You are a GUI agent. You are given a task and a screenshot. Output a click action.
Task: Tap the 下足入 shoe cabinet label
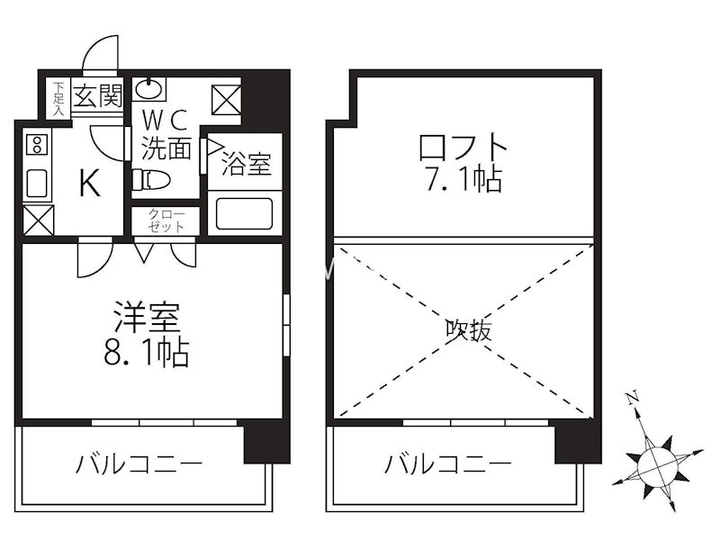(58, 99)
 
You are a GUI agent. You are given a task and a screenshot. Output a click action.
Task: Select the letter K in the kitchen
(89, 184)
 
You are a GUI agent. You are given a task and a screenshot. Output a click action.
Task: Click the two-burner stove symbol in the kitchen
(37, 144)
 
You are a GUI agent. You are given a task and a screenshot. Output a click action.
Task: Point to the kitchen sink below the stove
(37, 183)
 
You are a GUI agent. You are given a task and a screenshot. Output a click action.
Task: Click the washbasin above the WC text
(150, 88)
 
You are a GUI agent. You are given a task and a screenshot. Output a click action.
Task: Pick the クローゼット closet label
(166, 220)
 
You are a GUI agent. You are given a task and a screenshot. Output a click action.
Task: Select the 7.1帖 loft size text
(463, 180)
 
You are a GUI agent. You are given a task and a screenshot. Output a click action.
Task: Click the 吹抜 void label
(469, 330)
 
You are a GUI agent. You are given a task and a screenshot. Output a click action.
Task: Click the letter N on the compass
(633, 396)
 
